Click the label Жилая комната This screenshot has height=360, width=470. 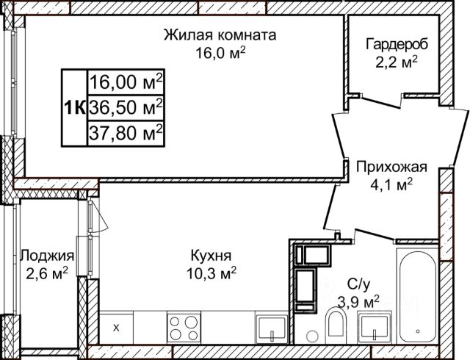tap(220, 35)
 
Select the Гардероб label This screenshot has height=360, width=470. tap(397, 44)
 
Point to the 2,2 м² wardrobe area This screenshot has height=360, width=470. tap(397, 62)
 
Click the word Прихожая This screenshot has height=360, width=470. tap(391, 167)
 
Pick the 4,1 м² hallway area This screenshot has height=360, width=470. tap(391, 185)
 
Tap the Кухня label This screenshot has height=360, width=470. tap(211, 256)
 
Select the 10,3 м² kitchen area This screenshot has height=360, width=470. tap(211, 273)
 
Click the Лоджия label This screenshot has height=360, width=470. tap(47, 256)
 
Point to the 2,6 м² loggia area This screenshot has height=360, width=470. tap(47, 273)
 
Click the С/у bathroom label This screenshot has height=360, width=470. tap(358, 284)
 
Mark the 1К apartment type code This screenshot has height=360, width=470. tap(74, 107)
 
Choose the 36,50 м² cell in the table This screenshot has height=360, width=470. tap(126, 107)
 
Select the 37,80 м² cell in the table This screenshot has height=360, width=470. tap(126, 133)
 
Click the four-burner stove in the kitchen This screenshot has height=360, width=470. tap(184, 328)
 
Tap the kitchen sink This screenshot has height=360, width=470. tap(272, 329)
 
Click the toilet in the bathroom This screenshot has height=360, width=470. tap(336, 323)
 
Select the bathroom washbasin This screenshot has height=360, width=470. tap(375, 328)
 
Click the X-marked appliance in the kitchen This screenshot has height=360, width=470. tap(116, 328)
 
